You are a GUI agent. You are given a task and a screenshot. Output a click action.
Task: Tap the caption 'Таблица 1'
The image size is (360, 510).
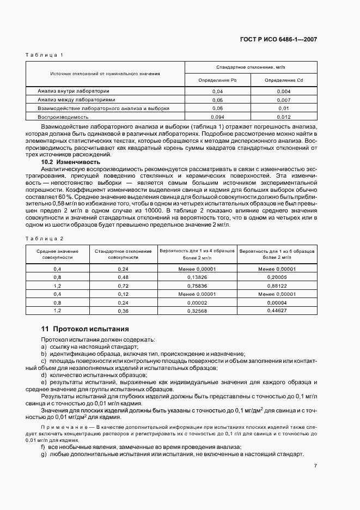[45, 55]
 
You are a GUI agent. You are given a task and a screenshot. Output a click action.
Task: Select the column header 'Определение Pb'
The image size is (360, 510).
[217, 80]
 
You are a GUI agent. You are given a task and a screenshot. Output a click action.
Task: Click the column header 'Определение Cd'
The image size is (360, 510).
[283, 80]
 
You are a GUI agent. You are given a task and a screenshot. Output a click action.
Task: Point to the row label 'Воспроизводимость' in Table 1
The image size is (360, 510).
[63, 117]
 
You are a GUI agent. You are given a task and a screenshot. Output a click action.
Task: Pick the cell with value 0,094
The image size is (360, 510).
[217, 117]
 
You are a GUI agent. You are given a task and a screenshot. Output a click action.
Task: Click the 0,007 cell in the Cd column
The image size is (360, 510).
[283, 100]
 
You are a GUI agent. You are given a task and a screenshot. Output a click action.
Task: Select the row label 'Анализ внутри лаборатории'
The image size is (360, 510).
[74, 91]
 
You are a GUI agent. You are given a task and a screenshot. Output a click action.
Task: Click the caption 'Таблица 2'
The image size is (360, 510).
[45, 238]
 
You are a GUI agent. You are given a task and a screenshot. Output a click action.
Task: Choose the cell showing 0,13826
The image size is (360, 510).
[196, 277]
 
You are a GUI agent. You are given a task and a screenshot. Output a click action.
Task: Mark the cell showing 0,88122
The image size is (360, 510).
[277, 286]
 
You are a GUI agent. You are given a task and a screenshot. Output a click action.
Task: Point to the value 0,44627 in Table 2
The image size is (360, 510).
[277, 310]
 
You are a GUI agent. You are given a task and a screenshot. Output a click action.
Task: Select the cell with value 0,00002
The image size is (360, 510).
[196, 302]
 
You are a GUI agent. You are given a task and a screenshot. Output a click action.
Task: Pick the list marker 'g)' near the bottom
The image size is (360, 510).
[44, 454]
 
